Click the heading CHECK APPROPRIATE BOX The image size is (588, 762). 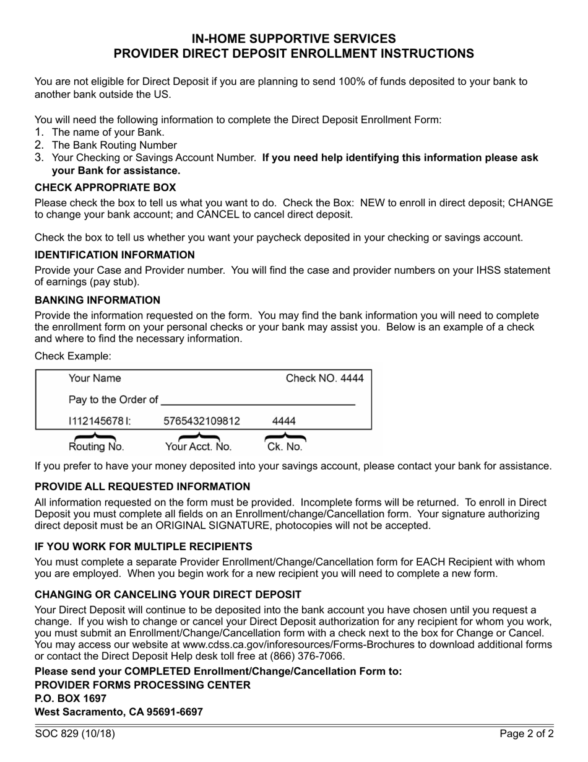click(x=105, y=188)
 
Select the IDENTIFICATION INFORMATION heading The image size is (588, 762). click(x=115, y=255)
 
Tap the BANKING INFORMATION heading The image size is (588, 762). click(x=97, y=300)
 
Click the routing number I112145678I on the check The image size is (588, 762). click(x=99, y=421)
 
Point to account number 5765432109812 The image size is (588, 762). click(x=201, y=421)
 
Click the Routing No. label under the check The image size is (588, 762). click(x=96, y=447)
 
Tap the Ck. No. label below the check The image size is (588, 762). click(x=285, y=447)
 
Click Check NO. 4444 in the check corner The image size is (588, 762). click(x=324, y=379)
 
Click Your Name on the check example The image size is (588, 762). click(x=95, y=379)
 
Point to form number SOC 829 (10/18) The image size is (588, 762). click(x=75, y=735)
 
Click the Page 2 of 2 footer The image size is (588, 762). click(x=527, y=735)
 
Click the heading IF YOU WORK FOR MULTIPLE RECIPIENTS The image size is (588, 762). click(x=144, y=546)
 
